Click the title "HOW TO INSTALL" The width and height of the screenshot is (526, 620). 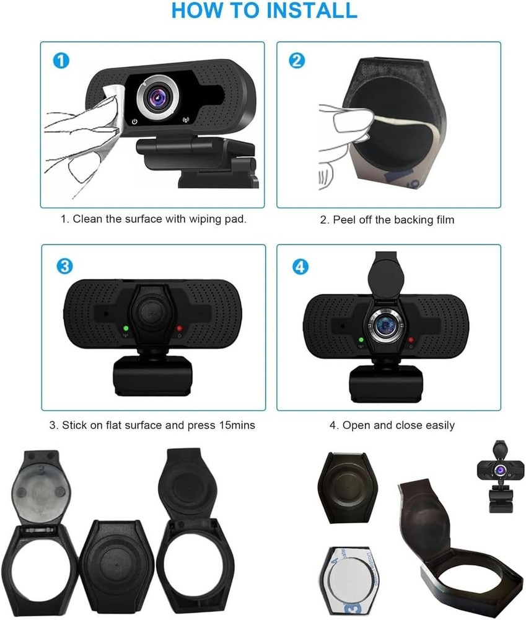(x=264, y=11)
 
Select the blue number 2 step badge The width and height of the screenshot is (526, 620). (x=297, y=60)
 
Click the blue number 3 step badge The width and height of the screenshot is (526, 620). (x=64, y=266)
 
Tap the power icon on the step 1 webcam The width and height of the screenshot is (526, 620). (x=134, y=121)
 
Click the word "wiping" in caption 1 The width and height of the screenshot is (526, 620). (x=180, y=219)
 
